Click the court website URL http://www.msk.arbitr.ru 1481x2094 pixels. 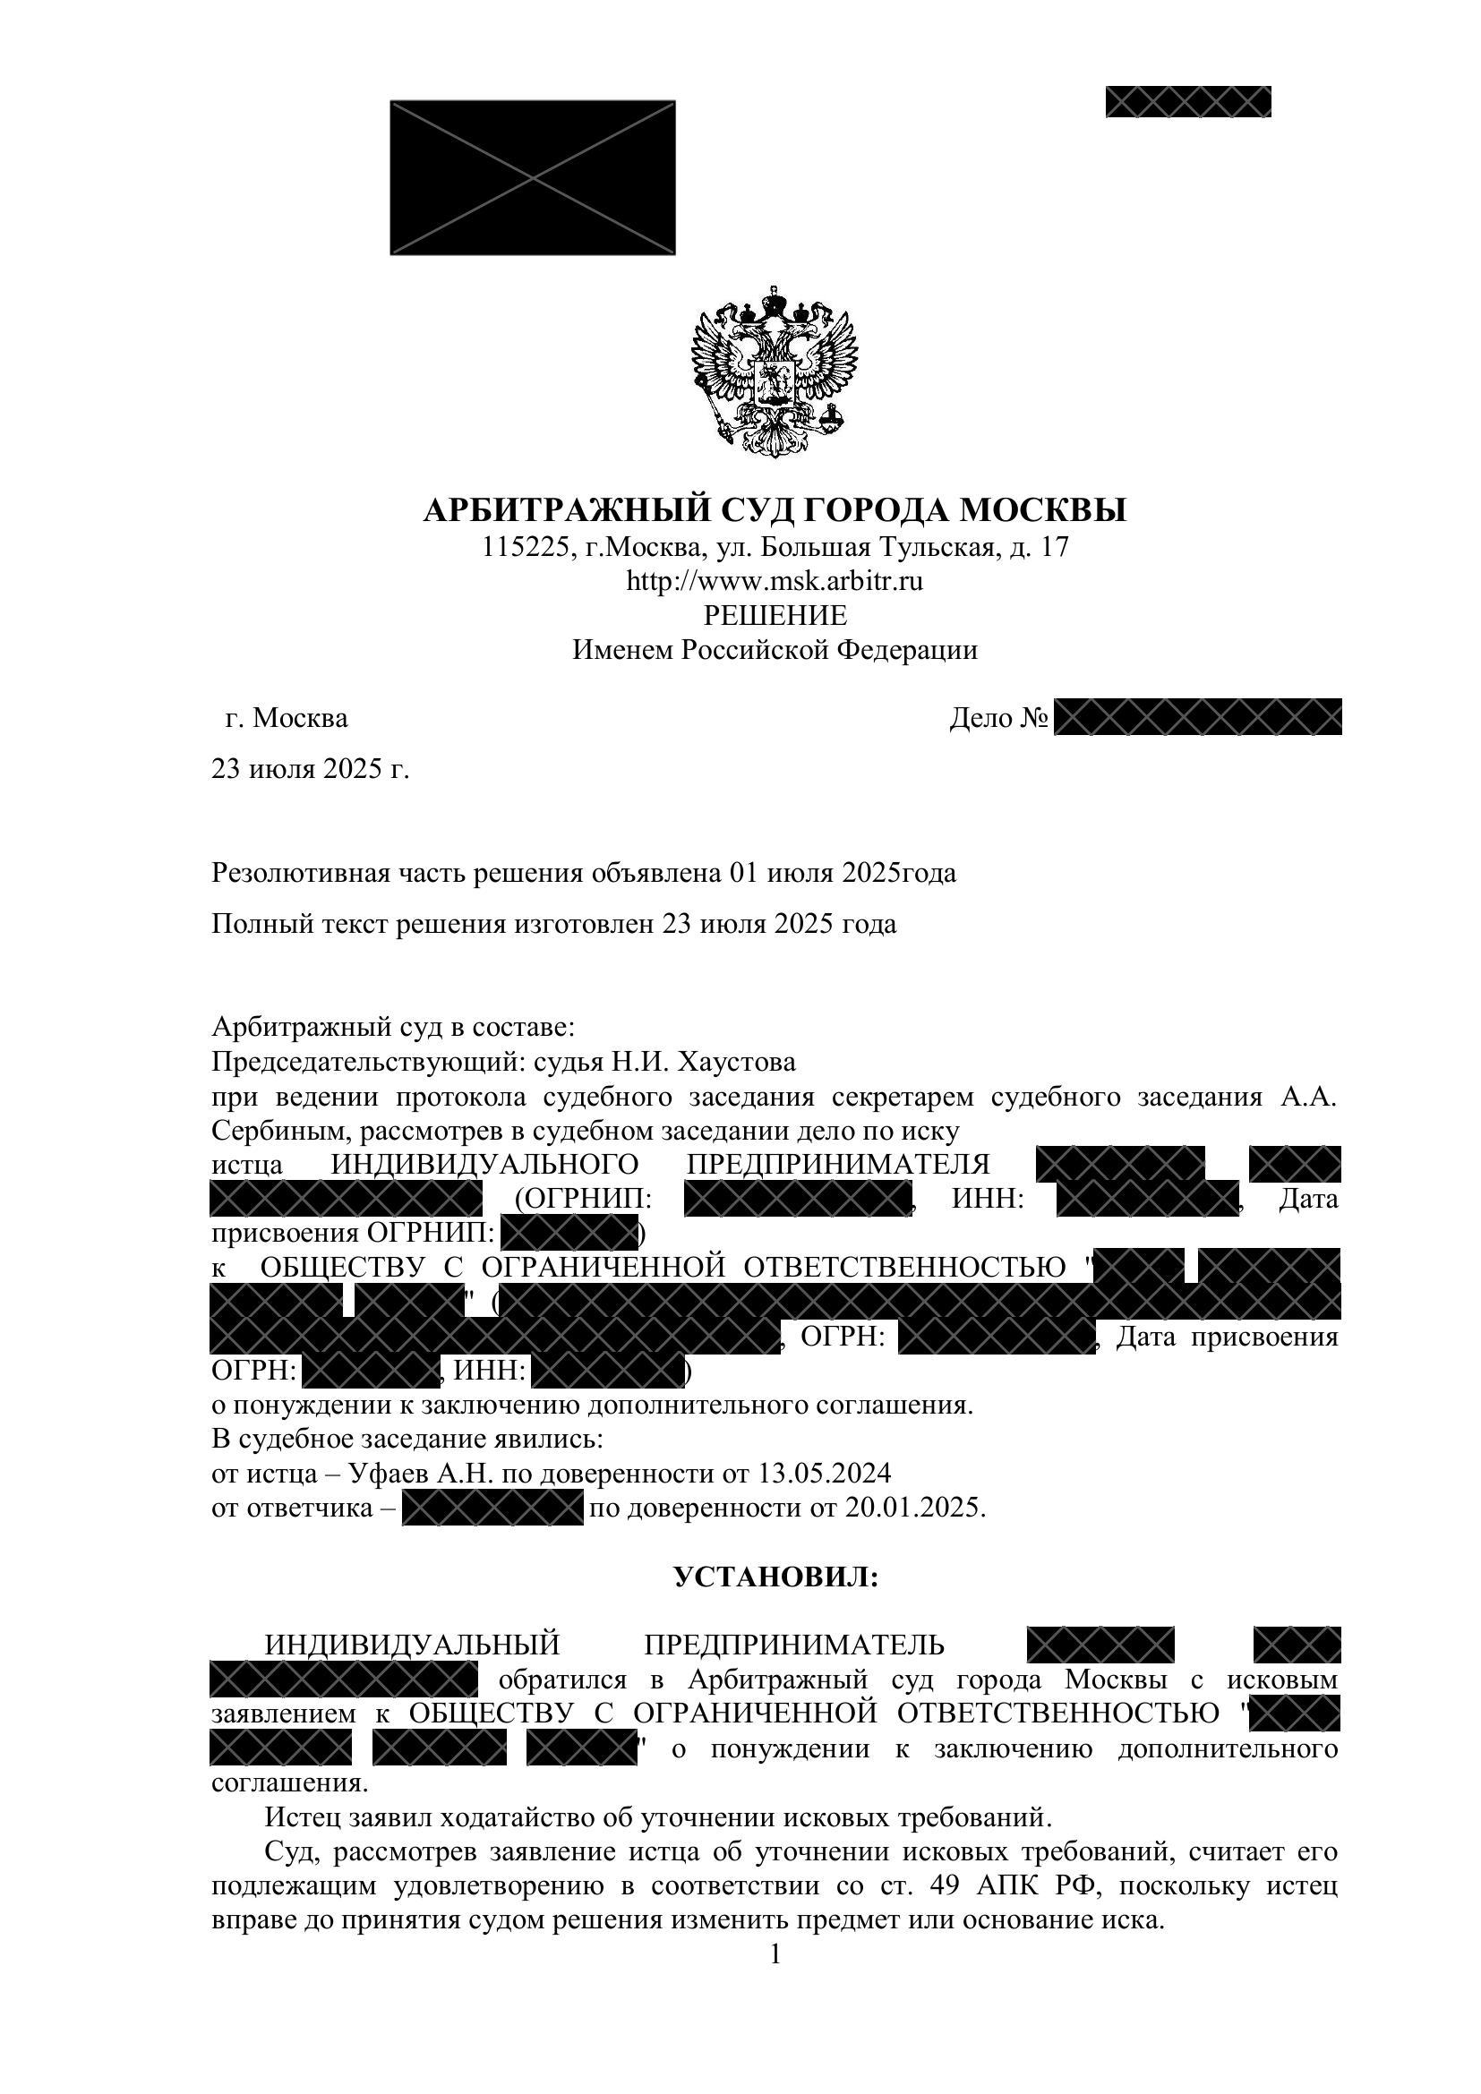click(x=775, y=581)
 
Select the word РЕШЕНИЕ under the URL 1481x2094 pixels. click(x=775, y=616)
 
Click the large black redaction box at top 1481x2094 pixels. click(x=533, y=178)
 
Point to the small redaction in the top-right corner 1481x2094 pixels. click(x=1187, y=101)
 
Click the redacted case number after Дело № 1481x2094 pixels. click(x=1196, y=718)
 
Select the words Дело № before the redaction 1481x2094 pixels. click(x=997, y=719)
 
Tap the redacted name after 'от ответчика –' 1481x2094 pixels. click(x=492, y=1508)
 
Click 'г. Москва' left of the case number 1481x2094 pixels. click(x=286, y=719)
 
